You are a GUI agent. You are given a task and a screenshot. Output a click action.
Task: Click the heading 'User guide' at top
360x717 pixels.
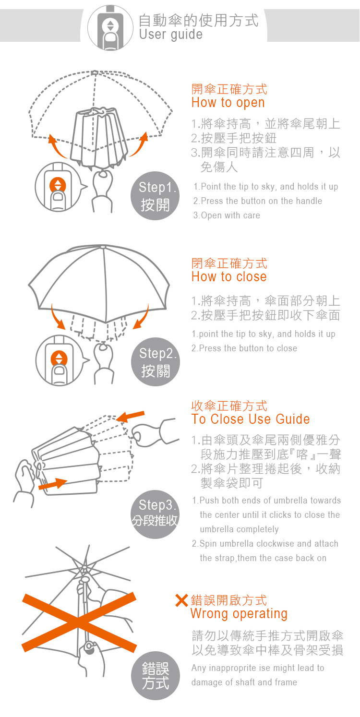(170, 35)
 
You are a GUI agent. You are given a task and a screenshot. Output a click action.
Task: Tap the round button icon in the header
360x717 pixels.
(110, 28)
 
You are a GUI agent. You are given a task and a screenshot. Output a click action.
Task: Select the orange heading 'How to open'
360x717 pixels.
(228, 103)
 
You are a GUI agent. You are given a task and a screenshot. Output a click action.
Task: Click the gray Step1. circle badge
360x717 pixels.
(155, 196)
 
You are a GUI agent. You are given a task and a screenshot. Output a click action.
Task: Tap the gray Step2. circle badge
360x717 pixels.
(155, 362)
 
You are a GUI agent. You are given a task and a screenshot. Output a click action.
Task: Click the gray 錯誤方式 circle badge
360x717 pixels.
(155, 676)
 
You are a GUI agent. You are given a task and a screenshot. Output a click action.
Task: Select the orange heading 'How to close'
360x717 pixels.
(228, 277)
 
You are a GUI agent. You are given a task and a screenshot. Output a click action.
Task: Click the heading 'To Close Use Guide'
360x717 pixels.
(250, 419)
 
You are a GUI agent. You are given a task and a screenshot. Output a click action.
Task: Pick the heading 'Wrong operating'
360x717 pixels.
(239, 614)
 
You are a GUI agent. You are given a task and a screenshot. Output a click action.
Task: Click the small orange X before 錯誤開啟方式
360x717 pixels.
(181, 600)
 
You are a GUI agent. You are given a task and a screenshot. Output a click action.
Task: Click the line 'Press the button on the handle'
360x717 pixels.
(257, 201)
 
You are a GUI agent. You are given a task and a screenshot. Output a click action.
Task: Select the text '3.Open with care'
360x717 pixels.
(226, 215)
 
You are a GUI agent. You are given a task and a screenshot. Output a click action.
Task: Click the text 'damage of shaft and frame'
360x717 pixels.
(244, 682)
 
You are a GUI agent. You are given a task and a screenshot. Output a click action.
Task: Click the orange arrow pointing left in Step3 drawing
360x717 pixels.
(130, 415)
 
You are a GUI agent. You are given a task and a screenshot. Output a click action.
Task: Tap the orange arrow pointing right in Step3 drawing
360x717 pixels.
(53, 484)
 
